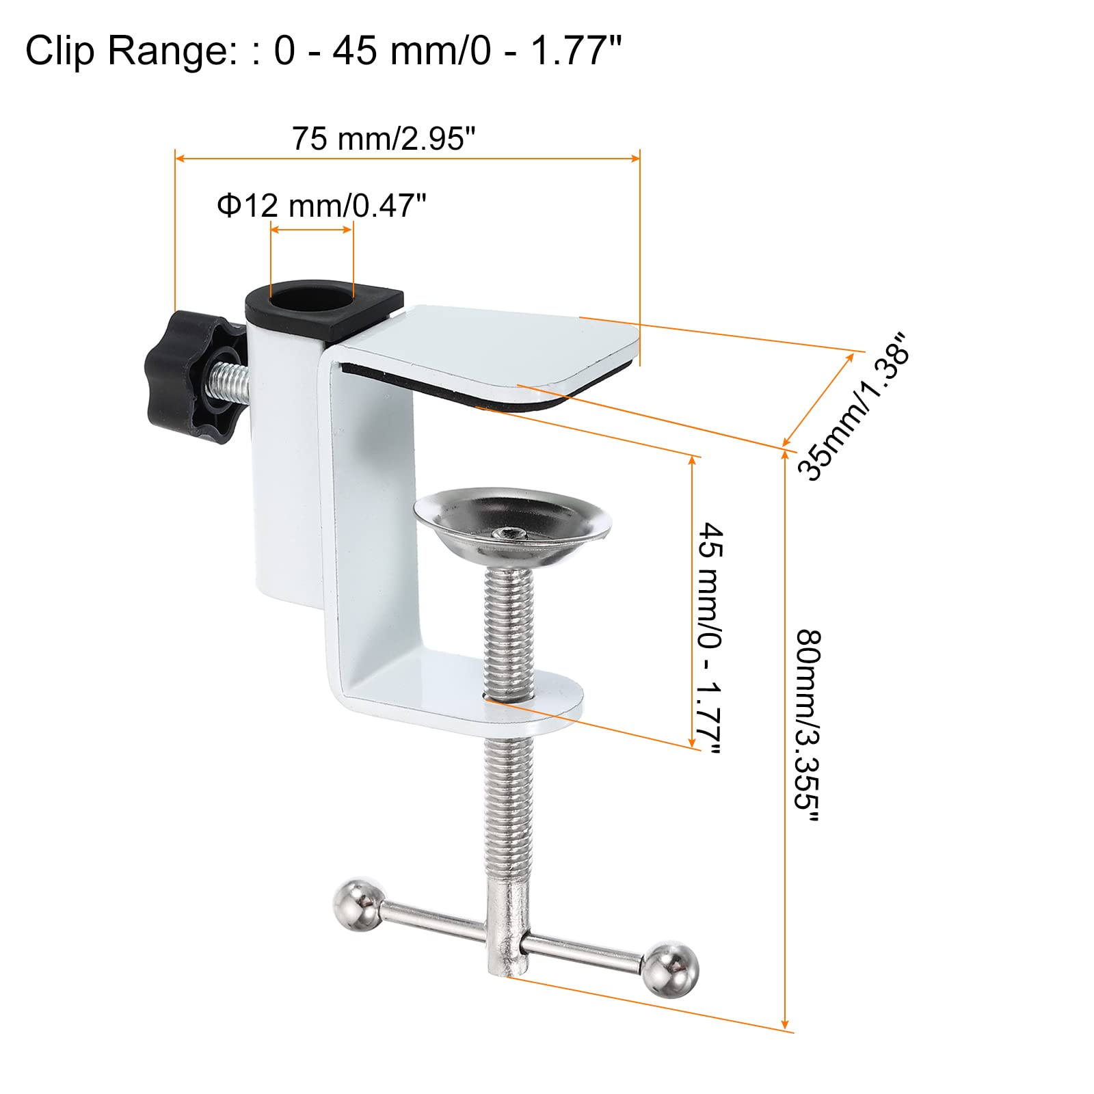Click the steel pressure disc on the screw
pos(513,525)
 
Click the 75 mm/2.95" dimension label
pos(383,139)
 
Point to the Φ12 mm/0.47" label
pos(321,205)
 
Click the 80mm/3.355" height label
pos(807,729)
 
